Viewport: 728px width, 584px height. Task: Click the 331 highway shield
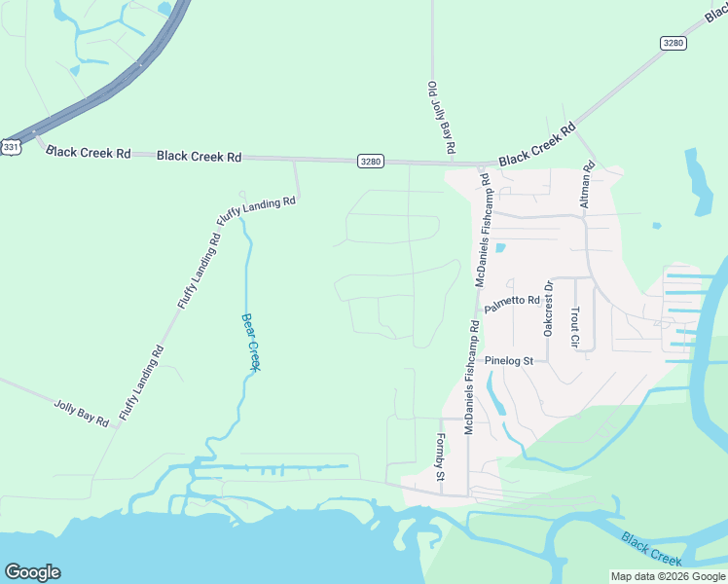[x=11, y=146]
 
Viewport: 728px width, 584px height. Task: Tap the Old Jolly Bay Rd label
[x=441, y=119]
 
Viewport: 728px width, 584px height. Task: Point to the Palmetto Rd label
[x=512, y=301]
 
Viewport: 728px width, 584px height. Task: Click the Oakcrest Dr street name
[x=548, y=310]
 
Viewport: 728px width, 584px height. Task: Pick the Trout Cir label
[x=575, y=328]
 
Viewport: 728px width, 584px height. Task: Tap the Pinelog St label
[x=515, y=360]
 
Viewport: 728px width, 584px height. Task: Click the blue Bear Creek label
[x=251, y=341]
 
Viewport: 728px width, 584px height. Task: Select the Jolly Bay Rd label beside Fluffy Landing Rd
[x=81, y=412]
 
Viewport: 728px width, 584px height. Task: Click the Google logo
[x=32, y=572]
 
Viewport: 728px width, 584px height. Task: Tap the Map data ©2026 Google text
[x=668, y=576]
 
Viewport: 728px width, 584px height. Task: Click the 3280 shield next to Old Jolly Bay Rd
[x=370, y=161]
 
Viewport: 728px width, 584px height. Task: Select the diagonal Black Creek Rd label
[x=537, y=145]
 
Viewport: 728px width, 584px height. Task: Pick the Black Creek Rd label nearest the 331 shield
[x=88, y=153]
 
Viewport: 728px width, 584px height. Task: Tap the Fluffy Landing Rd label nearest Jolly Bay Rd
[x=141, y=383]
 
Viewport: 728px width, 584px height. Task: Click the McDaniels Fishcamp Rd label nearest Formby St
[x=469, y=376]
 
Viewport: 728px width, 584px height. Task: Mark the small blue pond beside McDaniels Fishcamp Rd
[x=500, y=247]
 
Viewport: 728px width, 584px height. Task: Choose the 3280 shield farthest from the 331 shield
[x=673, y=43]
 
